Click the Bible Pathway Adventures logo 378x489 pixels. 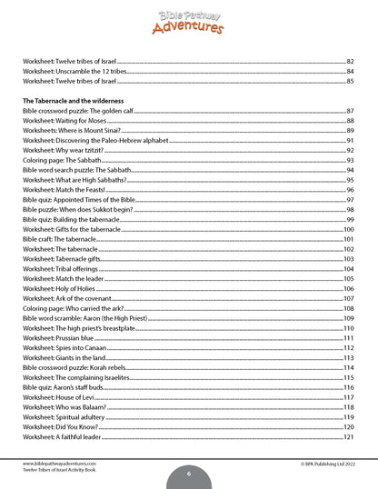tap(188, 17)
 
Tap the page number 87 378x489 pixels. tap(349, 110)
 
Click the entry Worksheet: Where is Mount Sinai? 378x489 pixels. tap(70, 130)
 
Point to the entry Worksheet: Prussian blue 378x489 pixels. tap(58, 338)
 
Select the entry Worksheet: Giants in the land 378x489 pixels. tap(64, 357)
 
